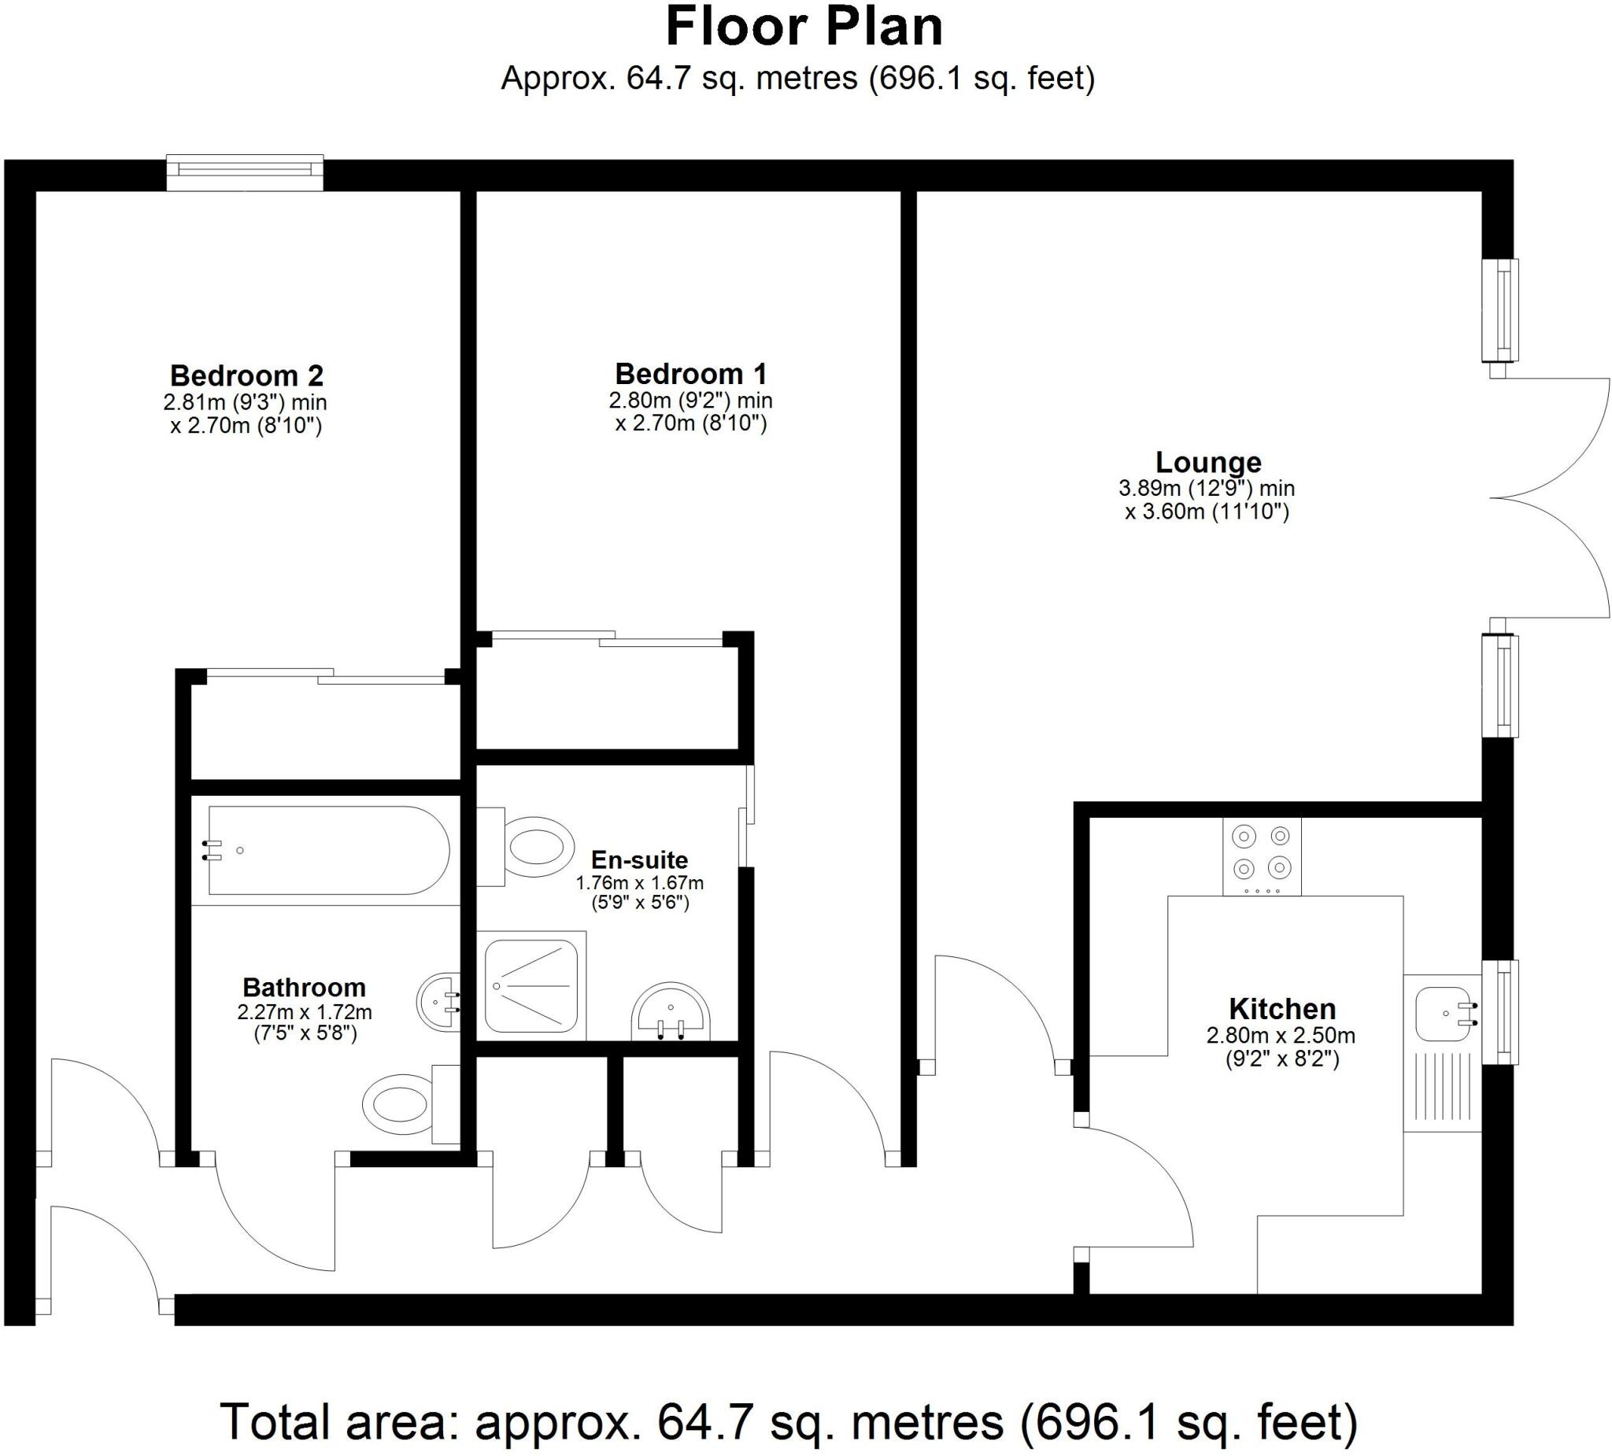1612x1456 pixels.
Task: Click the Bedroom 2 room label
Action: pyautogui.click(x=246, y=375)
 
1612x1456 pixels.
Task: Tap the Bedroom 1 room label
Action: pyautogui.click(x=691, y=374)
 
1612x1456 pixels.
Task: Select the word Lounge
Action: pyautogui.click(x=1208, y=462)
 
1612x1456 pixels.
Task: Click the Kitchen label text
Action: pyautogui.click(x=1281, y=1009)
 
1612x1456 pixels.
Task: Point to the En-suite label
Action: pyautogui.click(x=639, y=860)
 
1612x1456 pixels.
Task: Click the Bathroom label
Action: pyautogui.click(x=304, y=988)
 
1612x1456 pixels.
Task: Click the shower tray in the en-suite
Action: pyautogui.click(x=531, y=986)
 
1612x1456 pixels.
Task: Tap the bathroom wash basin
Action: pyautogui.click(x=439, y=1000)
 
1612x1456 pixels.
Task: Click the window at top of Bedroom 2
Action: pyautogui.click(x=245, y=171)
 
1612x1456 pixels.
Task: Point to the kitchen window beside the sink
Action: pyautogui.click(x=1499, y=1012)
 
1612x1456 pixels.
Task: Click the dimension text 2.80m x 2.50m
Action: pyautogui.click(x=1281, y=1037)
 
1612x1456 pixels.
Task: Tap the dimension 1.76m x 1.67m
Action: pyautogui.click(x=640, y=884)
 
